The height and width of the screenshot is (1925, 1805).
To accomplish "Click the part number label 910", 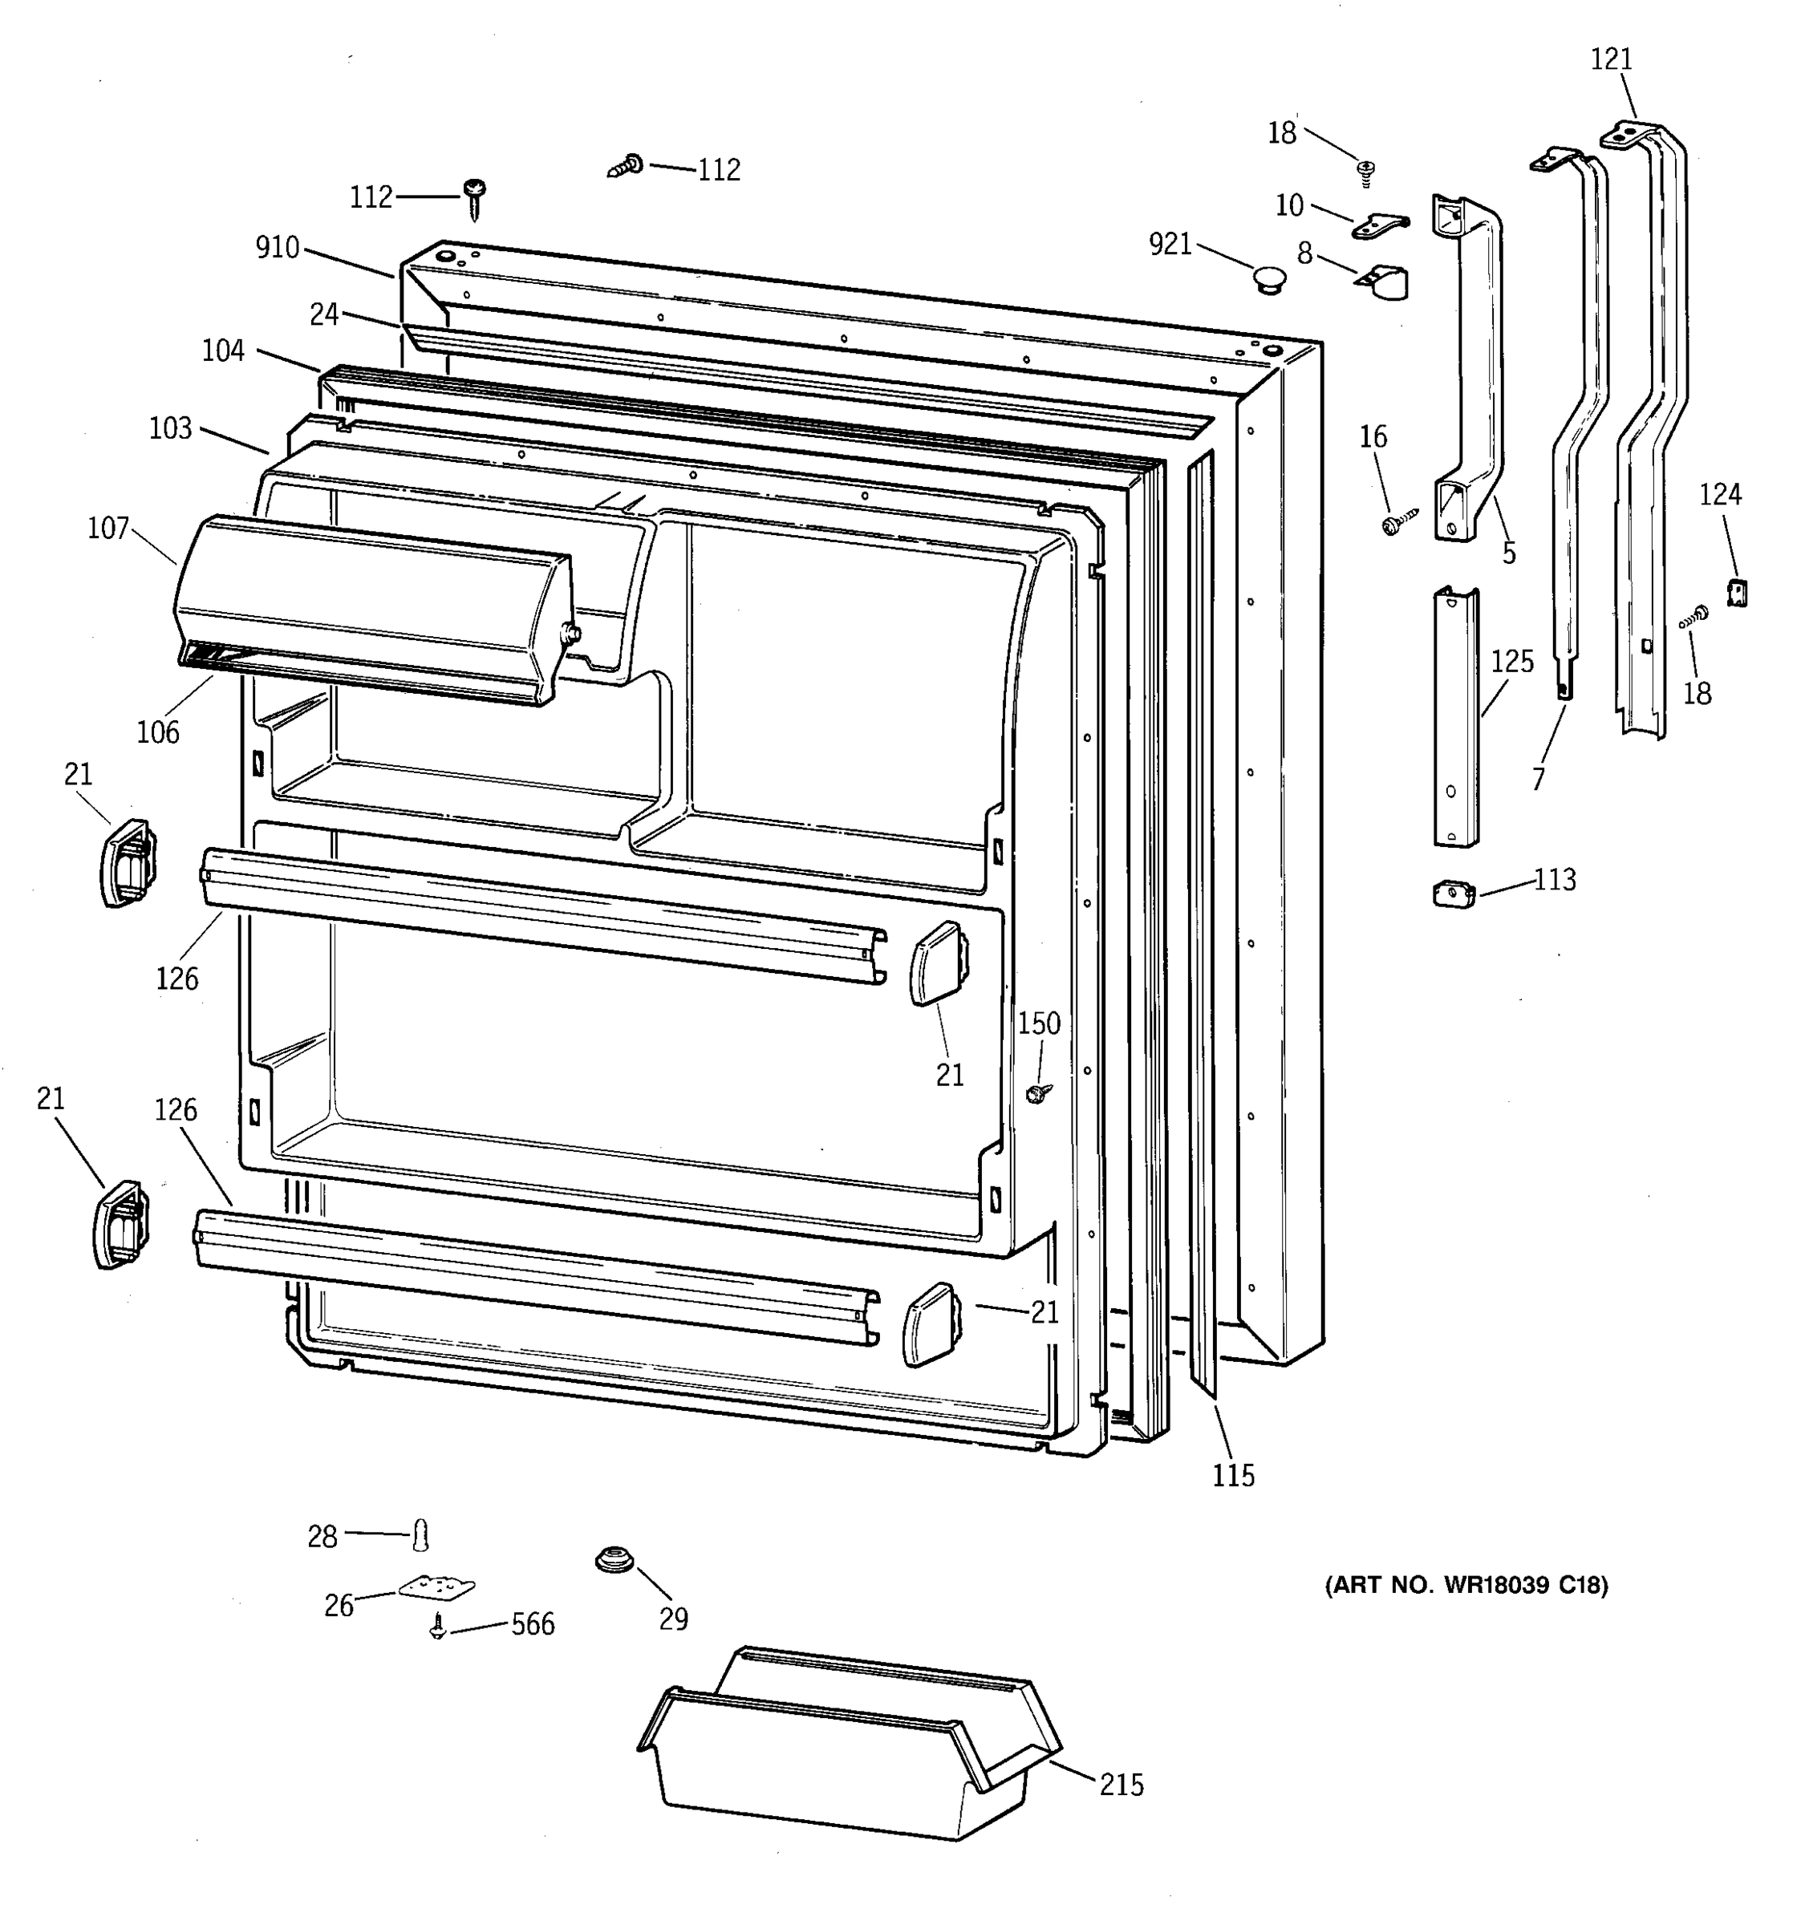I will [277, 248].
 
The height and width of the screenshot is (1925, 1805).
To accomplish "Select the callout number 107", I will [108, 528].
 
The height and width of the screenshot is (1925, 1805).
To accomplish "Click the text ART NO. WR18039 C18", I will [1465, 1585].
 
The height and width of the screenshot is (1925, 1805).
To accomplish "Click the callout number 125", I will [1511, 663].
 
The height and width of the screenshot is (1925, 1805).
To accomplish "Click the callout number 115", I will [1233, 1476].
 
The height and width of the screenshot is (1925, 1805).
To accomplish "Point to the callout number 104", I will [223, 351].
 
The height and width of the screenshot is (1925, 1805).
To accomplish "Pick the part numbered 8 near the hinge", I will [1385, 281].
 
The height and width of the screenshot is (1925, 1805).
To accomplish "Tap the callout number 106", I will [158, 732].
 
